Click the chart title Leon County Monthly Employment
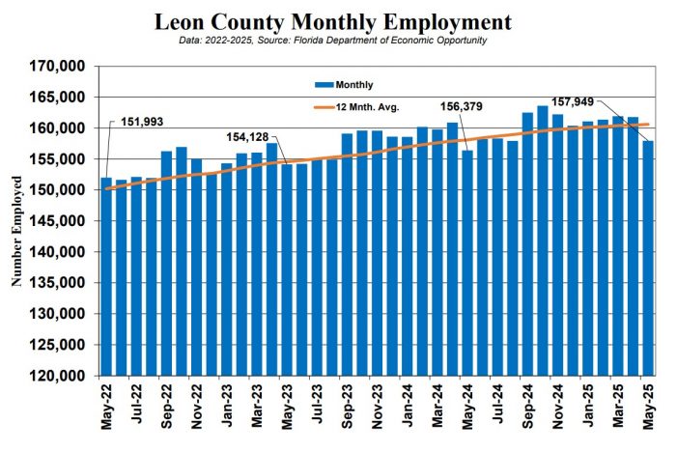[333, 21]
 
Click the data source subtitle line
[333, 41]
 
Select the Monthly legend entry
[353, 85]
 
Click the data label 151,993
[145, 123]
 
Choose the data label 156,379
[463, 107]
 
